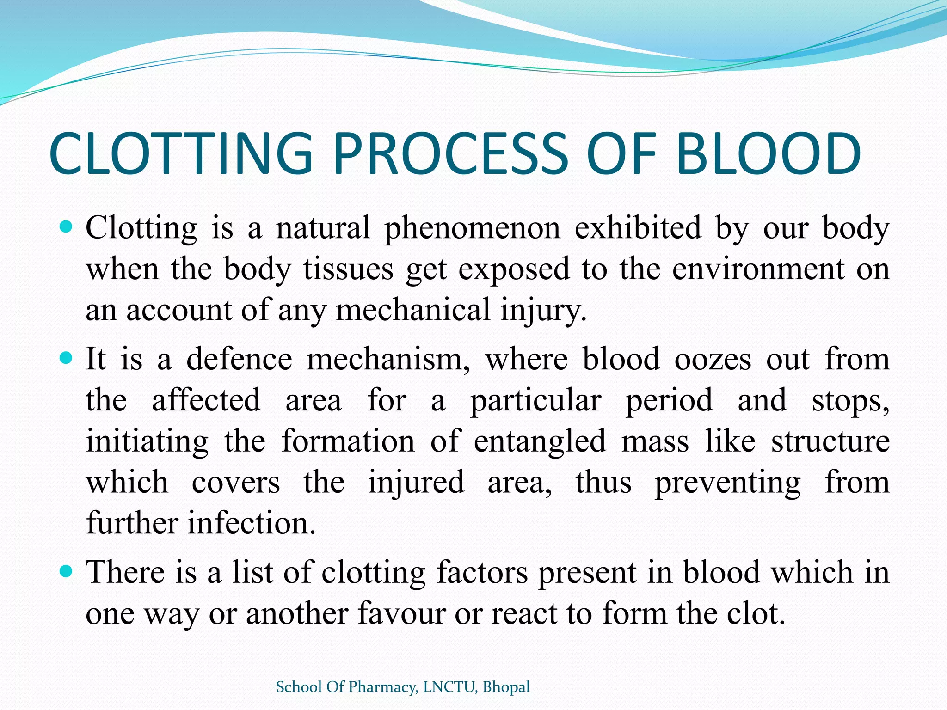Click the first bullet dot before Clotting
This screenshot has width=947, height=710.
(67, 227)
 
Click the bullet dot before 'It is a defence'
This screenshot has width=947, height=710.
(67, 358)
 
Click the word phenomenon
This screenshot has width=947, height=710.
(472, 229)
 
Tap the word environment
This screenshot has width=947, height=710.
(758, 269)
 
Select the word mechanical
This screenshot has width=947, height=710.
(412, 310)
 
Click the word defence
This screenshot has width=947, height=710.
(239, 359)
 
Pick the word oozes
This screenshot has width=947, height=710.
(713, 359)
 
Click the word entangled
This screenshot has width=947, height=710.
(540, 441)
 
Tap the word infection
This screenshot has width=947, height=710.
(252, 523)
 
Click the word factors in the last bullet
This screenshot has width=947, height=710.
(481, 573)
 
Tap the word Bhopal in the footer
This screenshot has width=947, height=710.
(506, 687)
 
